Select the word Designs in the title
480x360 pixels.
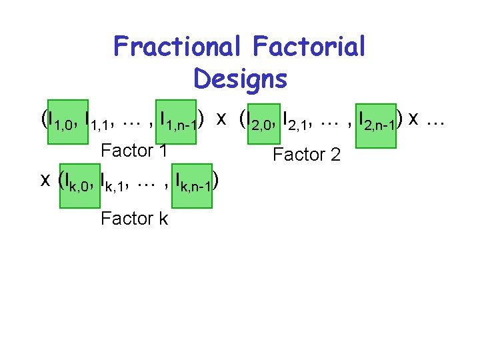click(x=240, y=79)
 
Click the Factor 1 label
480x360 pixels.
click(x=133, y=151)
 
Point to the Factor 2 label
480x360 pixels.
click(x=307, y=155)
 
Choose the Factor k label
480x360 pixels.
click(x=133, y=218)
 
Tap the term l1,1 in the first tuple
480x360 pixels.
click(x=98, y=121)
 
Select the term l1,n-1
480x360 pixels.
click(x=175, y=121)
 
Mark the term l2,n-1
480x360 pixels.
click(x=377, y=121)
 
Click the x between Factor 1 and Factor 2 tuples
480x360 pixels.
click(x=221, y=119)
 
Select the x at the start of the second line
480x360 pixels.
click(x=46, y=180)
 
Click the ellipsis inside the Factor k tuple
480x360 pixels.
click(x=145, y=181)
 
